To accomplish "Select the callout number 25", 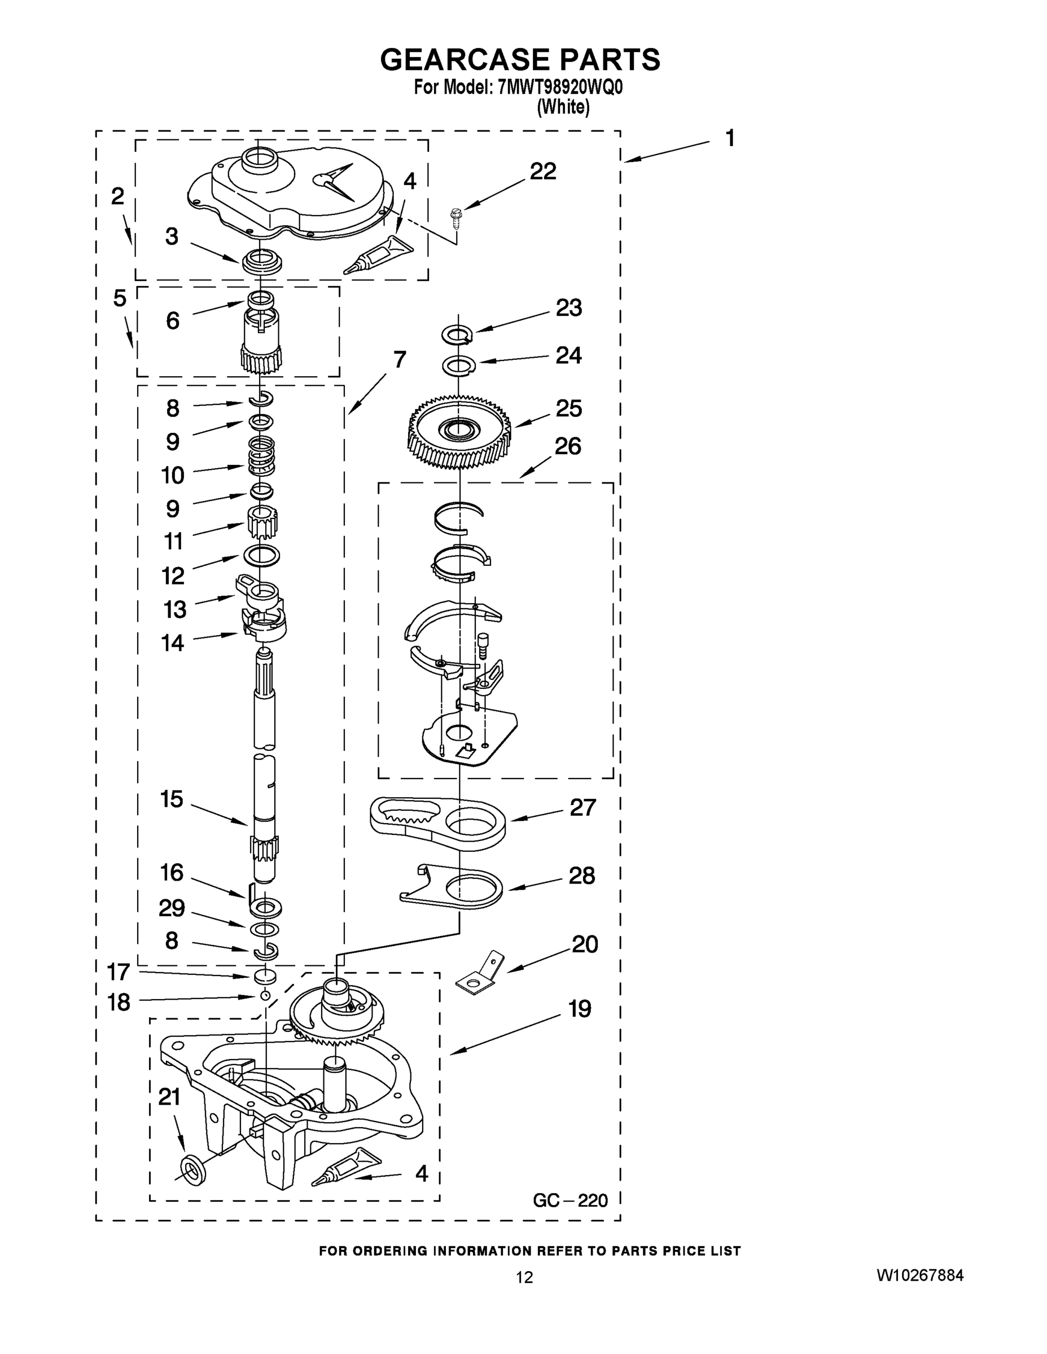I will click(569, 408).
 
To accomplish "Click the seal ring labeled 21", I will click(195, 1168).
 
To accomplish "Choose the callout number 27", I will click(582, 807).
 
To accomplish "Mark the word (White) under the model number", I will click(563, 107).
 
